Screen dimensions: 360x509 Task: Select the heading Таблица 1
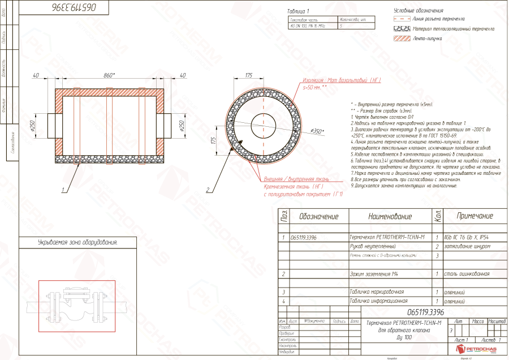pyautogui.click(x=299, y=11)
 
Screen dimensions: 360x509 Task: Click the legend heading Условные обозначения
pyautogui.click(x=418, y=10)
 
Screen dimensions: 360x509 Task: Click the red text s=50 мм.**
pyautogui.click(x=315, y=88)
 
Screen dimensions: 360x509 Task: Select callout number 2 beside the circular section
pyautogui.click(x=208, y=190)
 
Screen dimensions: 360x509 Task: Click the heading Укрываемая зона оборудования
pyautogui.click(x=70, y=243)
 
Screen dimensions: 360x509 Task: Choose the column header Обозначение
pyautogui.click(x=319, y=216)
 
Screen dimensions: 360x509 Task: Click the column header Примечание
pyautogui.click(x=475, y=216)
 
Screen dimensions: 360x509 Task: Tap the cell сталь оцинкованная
pyautogui.click(x=467, y=274)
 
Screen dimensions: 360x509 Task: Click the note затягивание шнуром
pyautogui.click(x=467, y=247)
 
